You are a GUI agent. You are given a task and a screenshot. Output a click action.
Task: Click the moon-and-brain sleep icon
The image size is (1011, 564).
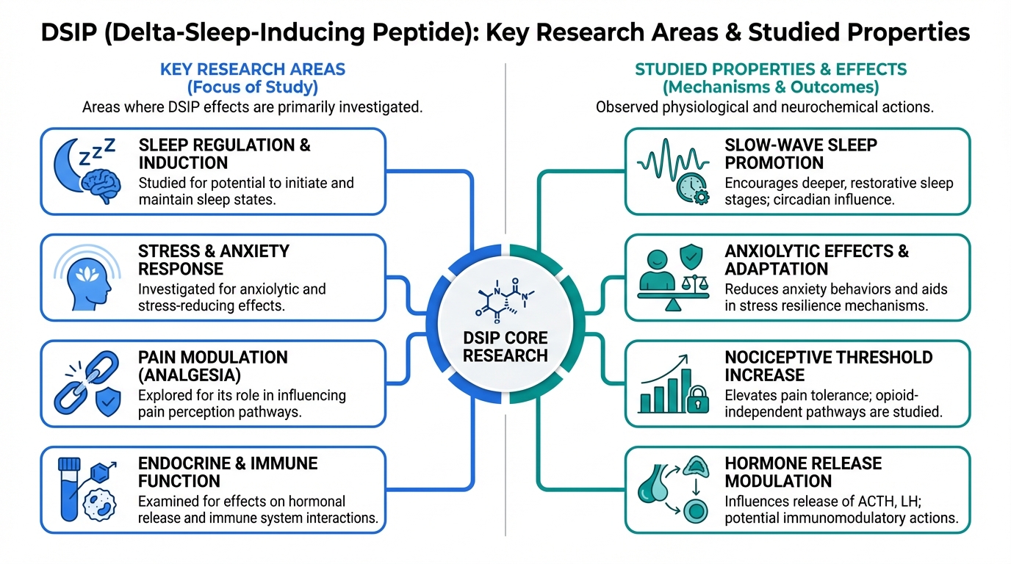[x=87, y=171]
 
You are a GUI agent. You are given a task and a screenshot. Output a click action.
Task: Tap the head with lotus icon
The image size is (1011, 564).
[x=87, y=278]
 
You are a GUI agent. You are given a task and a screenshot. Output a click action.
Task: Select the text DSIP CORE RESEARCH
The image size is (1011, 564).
[x=505, y=347]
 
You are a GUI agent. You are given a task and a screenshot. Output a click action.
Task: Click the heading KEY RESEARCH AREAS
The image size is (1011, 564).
[x=253, y=70]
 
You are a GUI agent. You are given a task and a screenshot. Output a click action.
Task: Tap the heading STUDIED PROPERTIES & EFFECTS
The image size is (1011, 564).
[x=771, y=70]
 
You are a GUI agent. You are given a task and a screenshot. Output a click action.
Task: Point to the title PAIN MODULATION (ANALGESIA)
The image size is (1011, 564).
[x=212, y=366]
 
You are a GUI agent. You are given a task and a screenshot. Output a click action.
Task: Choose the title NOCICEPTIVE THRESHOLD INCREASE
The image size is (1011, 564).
[x=829, y=366]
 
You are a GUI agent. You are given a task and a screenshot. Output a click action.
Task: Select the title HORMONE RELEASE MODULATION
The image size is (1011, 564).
[x=803, y=472]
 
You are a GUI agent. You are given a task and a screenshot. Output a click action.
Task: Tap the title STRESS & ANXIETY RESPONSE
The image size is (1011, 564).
[x=213, y=260]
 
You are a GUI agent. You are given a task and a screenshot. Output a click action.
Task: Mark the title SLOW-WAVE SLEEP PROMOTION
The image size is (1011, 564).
[x=801, y=153]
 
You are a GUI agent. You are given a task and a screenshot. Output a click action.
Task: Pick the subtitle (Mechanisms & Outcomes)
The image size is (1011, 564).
[x=771, y=87]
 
